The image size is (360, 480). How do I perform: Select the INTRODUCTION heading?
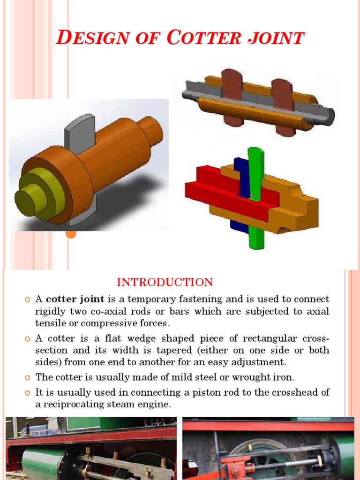point(165,282)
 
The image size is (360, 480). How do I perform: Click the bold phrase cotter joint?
point(75,299)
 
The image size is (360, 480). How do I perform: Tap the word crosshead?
point(294,392)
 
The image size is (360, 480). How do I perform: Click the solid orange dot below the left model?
point(71,233)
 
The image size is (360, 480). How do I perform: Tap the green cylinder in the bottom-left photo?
point(42,462)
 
